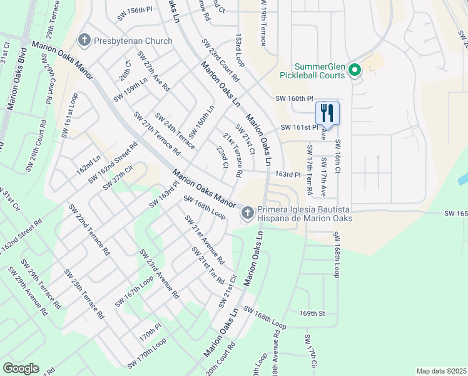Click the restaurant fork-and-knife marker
pyautogui.click(x=327, y=113)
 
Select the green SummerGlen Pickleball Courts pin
pyautogui.click(x=355, y=70)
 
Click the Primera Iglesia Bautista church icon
pyautogui.click(x=248, y=214)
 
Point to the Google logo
pyautogui.click(x=21, y=368)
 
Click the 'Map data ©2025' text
pyautogui.click(x=441, y=371)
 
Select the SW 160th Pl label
pyautogui.click(x=293, y=99)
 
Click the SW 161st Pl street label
pyautogui.click(x=301, y=127)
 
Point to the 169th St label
pyautogui.click(x=313, y=313)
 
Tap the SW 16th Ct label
pyautogui.click(x=337, y=156)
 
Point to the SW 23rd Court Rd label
pyautogui.click(x=220, y=60)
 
